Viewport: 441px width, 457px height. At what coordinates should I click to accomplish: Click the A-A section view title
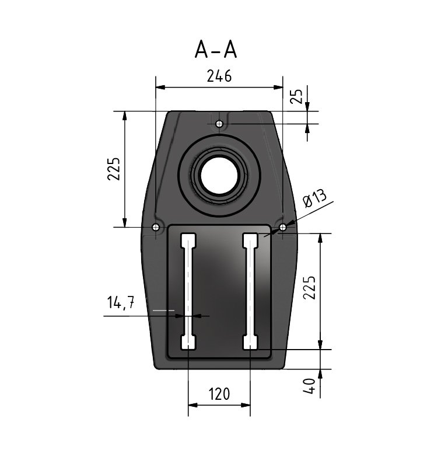pyautogui.click(x=216, y=50)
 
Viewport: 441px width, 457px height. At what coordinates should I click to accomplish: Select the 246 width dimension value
pyautogui.click(x=219, y=76)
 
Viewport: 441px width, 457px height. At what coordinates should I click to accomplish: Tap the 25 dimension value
pyautogui.click(x=297, y=96)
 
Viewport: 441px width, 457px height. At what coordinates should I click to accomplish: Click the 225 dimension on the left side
pyautogui.click(x=114, y=169)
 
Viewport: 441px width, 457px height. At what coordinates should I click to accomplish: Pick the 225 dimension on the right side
pyautogui.click(x=309, y=287)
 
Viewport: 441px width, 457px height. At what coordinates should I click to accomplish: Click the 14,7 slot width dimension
pyautogui.click(x=121, y=302)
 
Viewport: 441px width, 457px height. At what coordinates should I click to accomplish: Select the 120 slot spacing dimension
pyautogui.click(x=219, y=394)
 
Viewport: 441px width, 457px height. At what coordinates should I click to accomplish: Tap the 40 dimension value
pyautogui.click(x=309, y=386)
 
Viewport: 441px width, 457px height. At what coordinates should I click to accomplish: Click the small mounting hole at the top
pyautogui.click(x=220, y=124)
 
